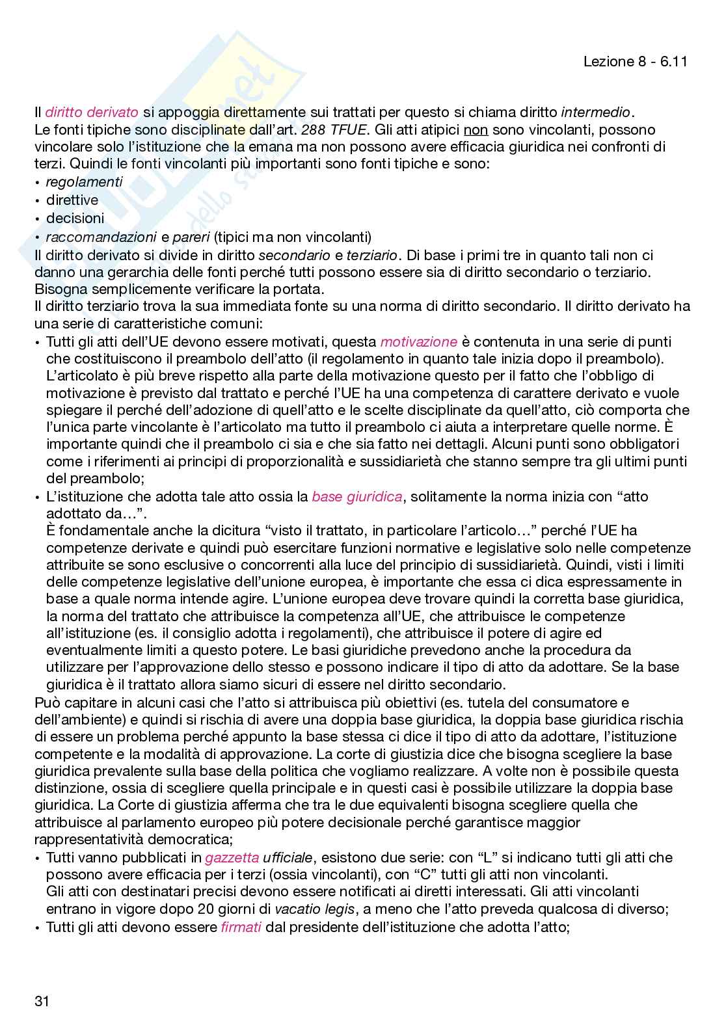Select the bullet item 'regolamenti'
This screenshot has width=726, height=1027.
[84, 182]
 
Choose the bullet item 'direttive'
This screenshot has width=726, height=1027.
[72, 200]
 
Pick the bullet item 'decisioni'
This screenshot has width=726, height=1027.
[75, 218]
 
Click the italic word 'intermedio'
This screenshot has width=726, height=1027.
[595, 113]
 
